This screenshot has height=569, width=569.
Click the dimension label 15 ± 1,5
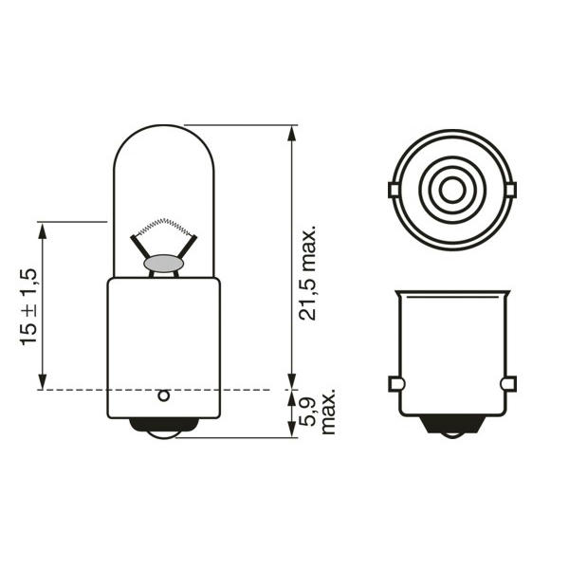click(28, 306)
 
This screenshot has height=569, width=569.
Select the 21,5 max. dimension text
click(307, 273)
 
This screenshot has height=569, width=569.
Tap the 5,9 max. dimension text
click(317, 413)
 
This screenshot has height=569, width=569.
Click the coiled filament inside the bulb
click(165, 226)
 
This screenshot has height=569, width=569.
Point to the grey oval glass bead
click(164, 264)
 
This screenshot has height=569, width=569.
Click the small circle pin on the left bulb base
click(164, 395)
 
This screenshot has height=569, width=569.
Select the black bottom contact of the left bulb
click(164, 428)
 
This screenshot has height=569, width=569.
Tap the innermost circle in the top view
click(451, 190)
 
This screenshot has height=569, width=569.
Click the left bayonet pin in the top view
click(394, 191)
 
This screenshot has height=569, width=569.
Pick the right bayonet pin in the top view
click(510, 191)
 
